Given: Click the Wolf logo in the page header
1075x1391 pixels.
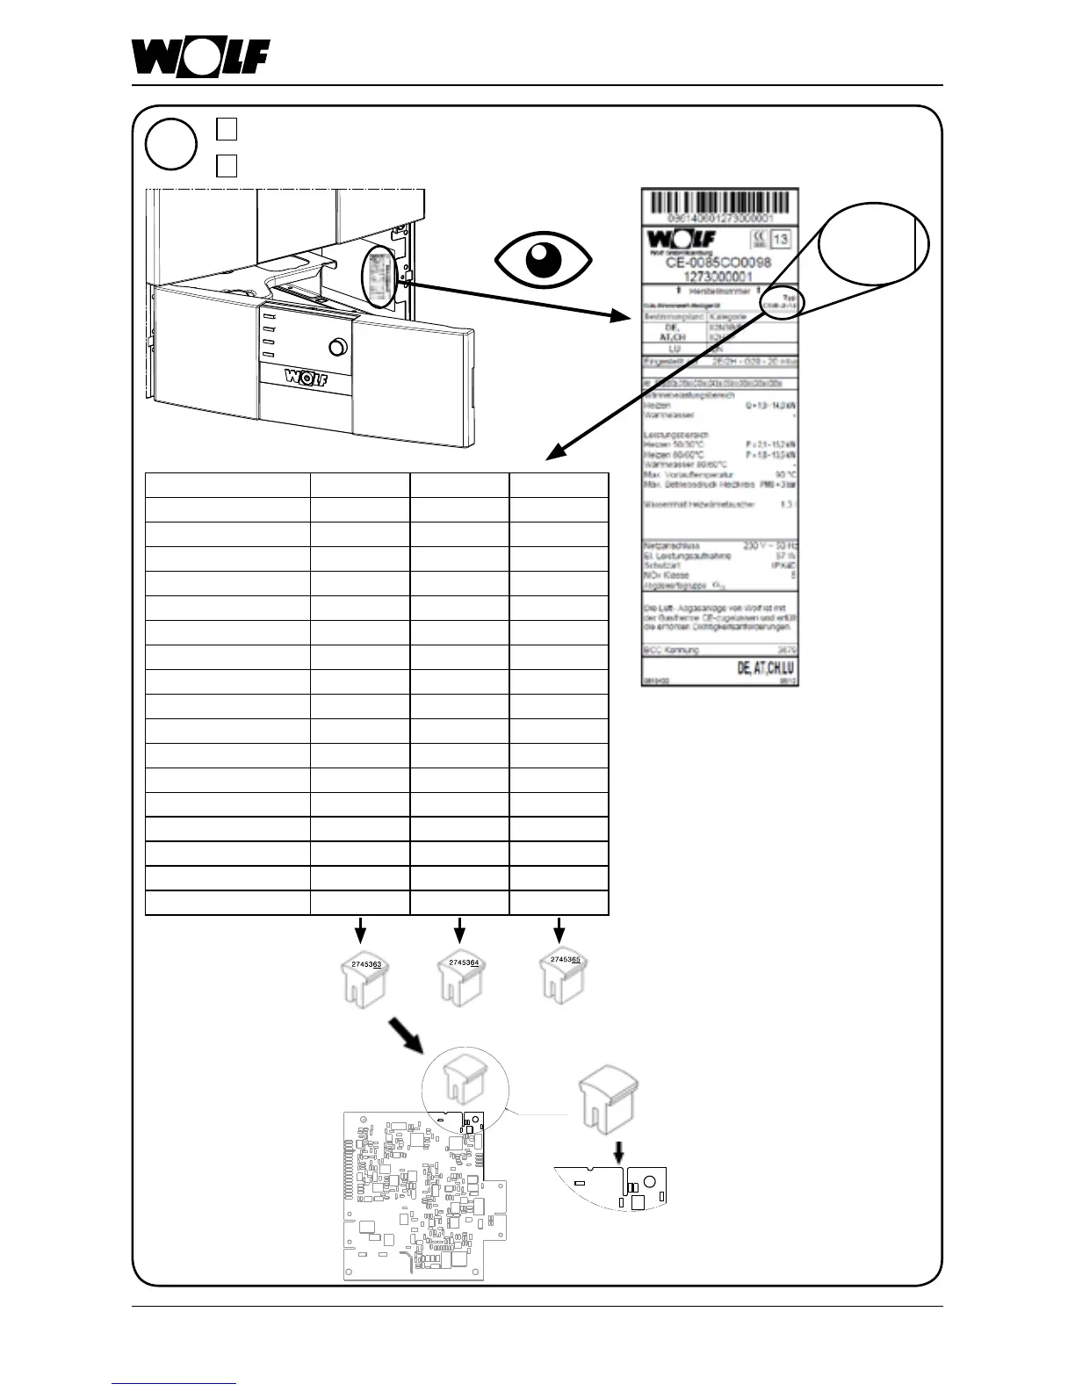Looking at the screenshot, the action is click(200, 58).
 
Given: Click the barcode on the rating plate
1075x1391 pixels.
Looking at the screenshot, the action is click(719, 203).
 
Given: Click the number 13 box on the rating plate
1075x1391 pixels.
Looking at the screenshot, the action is click(779, 239).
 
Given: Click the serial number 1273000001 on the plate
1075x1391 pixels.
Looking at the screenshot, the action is click(719, 276).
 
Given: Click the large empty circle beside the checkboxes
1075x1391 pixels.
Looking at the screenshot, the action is click(170, 145).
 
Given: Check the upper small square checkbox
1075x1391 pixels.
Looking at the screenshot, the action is click(227, 128).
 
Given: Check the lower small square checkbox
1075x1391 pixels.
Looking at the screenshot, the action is click(227, 164).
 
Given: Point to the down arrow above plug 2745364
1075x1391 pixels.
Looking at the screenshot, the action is click(459, 929).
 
